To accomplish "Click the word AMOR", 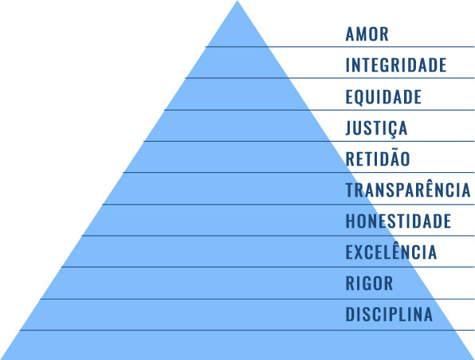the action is pos(367,34).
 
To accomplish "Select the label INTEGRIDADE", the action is pos(396,65).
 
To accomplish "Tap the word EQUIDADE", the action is pos(383,97).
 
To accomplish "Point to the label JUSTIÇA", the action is pos(376,128).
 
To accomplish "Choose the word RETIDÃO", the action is pos(378,158).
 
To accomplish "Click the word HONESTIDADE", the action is pos(398,221).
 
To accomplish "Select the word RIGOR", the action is pos(369,283).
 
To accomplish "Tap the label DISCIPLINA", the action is pos(389,315).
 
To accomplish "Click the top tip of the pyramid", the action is pos(237,1).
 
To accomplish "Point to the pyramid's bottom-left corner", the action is pos(1,359).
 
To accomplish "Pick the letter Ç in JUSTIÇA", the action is pos(391,129).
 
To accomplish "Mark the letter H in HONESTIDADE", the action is pos(351,221).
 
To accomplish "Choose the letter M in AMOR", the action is pos(362,34).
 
